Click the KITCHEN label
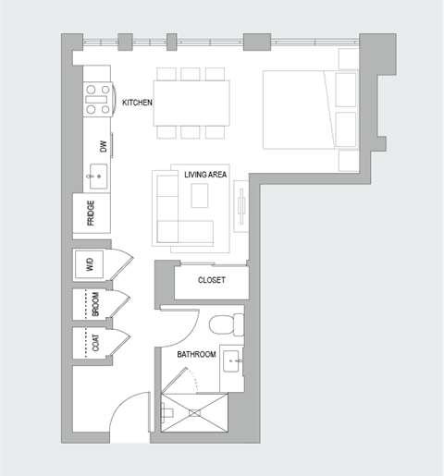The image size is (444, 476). (x=137, y=103)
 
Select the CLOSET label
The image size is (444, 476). (x=211, y=280)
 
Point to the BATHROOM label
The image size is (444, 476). (x=196, y=354)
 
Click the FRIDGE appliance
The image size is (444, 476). (x=92, y=214)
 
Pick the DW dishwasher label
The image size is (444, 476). (x=103, y=146)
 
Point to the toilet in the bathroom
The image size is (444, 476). (x=224, y=326)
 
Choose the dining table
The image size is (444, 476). (x=191, y=102)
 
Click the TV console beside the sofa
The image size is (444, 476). (x=241, y=208)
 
